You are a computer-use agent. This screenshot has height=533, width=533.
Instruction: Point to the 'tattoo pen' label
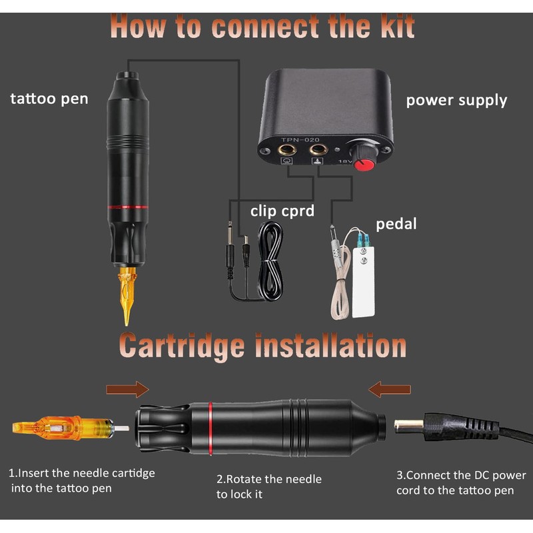[49, 99]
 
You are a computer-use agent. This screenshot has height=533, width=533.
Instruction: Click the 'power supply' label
[456, 101]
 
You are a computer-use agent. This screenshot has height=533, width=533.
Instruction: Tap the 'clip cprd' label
[281, 211]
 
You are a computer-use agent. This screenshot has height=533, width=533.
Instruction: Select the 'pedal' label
[396, 223]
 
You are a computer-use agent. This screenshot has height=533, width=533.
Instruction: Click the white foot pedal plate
[363, 280]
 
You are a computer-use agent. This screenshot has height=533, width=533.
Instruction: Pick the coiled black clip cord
[270, 260]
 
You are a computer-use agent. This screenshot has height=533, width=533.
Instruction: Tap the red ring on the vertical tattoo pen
[129, 209]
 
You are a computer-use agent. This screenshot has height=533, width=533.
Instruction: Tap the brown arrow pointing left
[390, 388]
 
